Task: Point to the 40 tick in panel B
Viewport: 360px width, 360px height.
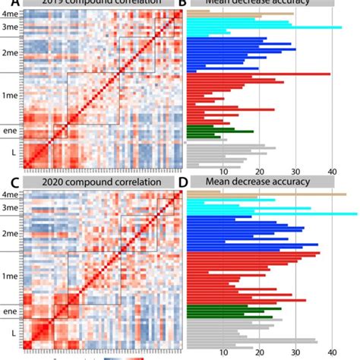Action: tap(331, 172)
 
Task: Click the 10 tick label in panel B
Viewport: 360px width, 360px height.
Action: tap(223, 172)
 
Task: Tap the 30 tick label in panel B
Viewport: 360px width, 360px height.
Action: tap(295, 172)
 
